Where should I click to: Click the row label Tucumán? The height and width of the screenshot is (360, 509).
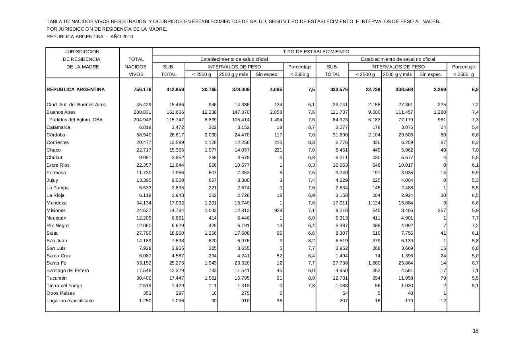[56, 278]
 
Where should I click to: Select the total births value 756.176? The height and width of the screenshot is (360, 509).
[142, 90]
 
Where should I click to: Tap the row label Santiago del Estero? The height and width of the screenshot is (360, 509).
[68, 270]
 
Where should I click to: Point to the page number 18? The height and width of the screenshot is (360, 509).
[476, 331]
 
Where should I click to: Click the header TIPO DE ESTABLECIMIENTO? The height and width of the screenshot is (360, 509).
[316, 52]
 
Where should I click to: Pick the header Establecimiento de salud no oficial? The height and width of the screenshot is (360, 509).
[398, 59]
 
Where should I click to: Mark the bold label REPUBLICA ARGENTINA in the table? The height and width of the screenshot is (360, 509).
[76, 90]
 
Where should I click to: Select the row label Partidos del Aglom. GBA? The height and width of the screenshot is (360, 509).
[76, 120]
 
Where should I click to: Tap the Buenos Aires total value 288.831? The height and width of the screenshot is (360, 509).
[142, 112]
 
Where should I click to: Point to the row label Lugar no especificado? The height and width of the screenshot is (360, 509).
[70, 301]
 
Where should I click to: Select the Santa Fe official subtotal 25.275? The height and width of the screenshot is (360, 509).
[175, 263]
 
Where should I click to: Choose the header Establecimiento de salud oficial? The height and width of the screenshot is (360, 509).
[234, 59]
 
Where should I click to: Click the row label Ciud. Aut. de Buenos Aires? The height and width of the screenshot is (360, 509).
[76, 105]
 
